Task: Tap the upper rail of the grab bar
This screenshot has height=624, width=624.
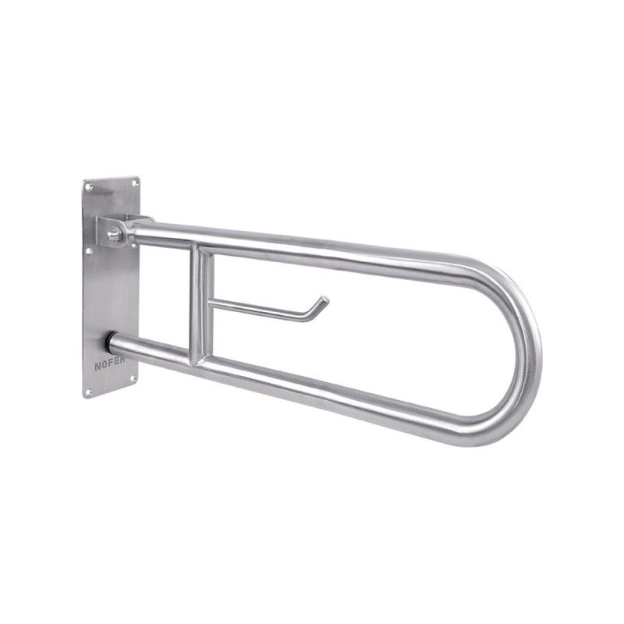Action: point(312,242)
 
